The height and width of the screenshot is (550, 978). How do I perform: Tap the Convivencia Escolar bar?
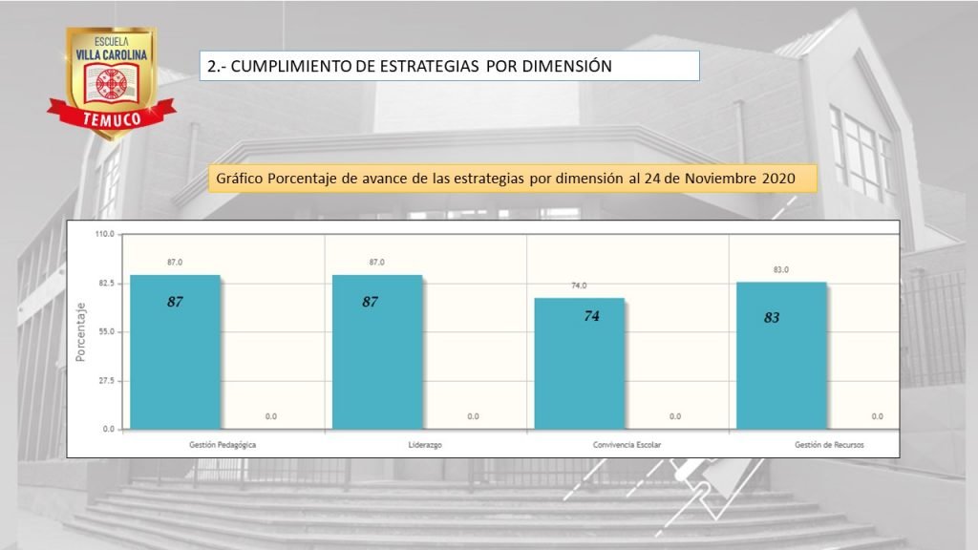[x=579, y=364]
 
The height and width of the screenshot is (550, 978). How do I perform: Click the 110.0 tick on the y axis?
[x=104, y=234]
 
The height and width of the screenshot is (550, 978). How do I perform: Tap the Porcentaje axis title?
[x=81, y=331]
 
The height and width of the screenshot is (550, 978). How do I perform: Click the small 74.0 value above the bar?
[x=579, y=286]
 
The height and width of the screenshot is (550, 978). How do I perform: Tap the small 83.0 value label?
[x=780, y=270]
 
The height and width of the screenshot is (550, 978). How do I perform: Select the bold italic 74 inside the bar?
[x=591, y=316]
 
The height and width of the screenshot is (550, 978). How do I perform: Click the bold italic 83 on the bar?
[x=772, y=318]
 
